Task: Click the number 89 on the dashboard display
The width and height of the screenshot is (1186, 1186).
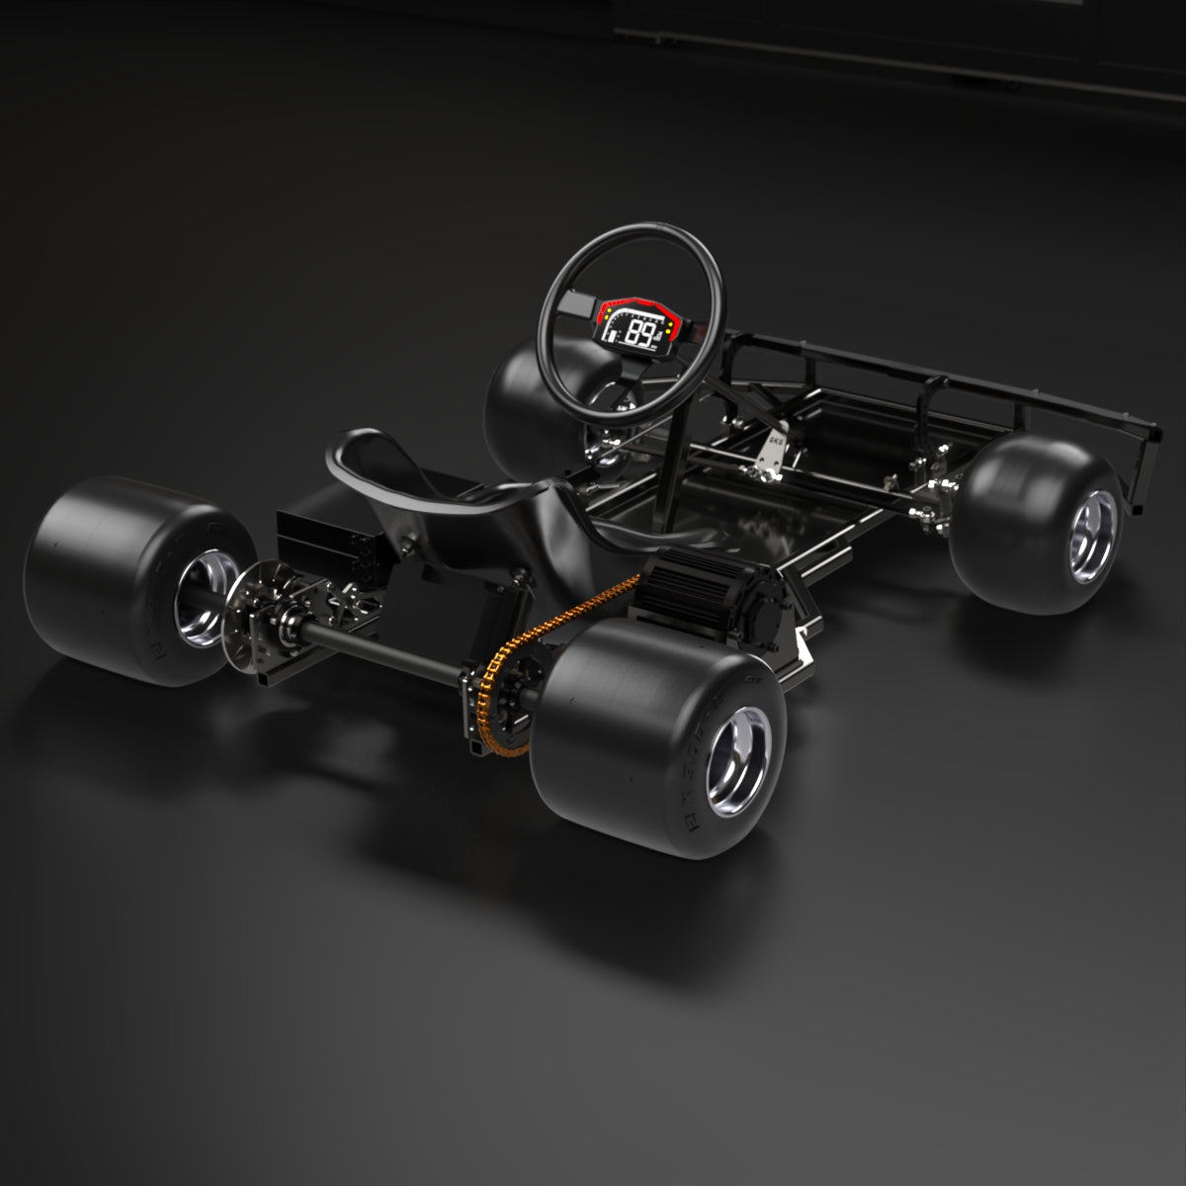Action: (643, 333)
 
